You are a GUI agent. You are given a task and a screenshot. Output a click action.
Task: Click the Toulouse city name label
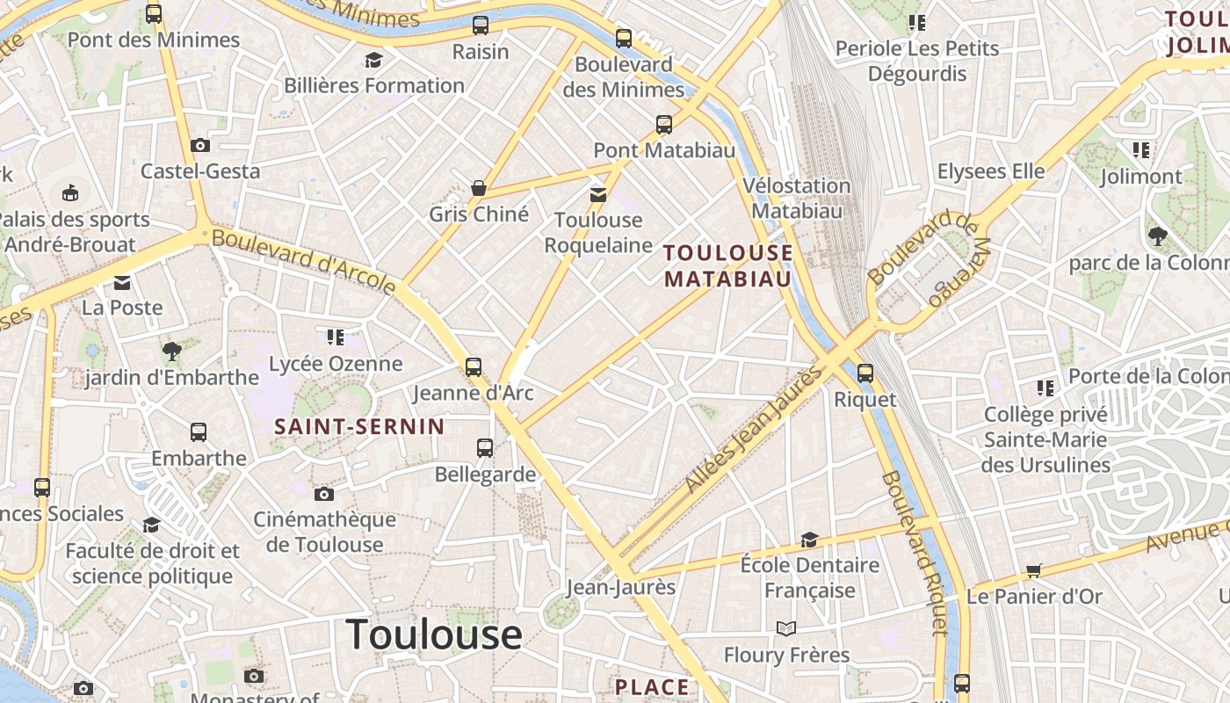(x=434, y=634)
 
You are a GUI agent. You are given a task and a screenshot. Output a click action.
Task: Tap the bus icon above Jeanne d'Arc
(x=474, y=366)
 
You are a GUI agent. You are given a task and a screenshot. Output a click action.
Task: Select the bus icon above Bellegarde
(x=485, y=448)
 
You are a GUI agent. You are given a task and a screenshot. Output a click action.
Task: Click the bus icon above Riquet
(x=865, y=373)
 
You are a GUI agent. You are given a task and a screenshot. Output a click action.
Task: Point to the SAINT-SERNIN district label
(x=359, y=427)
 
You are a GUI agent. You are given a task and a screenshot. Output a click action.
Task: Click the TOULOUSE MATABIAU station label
(x=728, y=265)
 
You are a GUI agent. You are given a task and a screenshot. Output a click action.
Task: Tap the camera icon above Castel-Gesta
(x=200, y=145)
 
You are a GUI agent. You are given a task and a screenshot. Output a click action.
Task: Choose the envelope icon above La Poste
(x=122, y=282)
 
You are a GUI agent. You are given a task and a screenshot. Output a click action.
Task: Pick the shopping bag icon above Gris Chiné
(x=479, y=188)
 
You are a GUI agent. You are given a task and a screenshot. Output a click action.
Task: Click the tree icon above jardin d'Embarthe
(x=172, y=352)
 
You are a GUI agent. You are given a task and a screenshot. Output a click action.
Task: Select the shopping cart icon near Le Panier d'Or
(x=1034, y=571)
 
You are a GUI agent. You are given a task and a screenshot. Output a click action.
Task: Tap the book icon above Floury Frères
(x=786, y=628)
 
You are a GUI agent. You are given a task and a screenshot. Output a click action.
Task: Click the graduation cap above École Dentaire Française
(x=809, y=539)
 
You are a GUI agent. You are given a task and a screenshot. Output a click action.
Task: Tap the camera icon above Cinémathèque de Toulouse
(x=324, y=494)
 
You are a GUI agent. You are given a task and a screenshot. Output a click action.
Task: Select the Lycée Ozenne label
(x=336, y=363)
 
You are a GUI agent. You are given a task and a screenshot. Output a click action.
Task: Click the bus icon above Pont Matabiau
(x=664, y=125)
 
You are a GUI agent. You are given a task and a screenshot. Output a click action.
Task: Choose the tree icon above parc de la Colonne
(x=1157, y=236)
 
